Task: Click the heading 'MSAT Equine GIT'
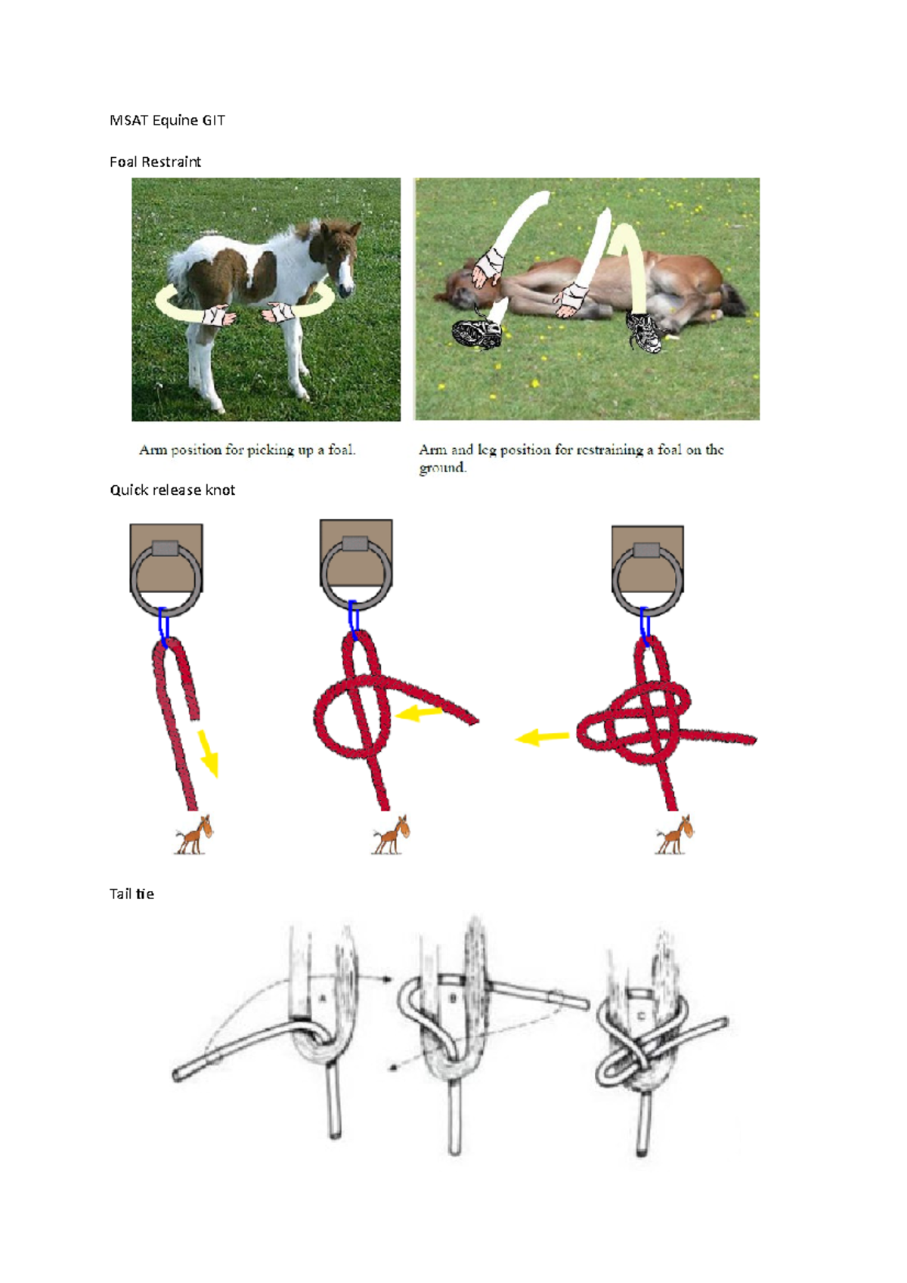[167, 121]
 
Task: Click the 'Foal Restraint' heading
[155, 162]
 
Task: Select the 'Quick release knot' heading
[172, 490]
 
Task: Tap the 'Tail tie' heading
[132, 894]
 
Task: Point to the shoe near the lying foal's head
[477, 332]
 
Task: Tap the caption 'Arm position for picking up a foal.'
[247, 450]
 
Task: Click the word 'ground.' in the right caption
[443, 468]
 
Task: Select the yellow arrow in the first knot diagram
[209, 753]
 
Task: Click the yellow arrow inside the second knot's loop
[418, 713]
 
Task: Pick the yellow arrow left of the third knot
[542, 737]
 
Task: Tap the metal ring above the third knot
[648, 580]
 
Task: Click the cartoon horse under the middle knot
[389, 834]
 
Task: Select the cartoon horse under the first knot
[193, 834]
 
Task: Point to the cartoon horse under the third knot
[673, 834]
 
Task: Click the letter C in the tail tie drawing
[642, 1017]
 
